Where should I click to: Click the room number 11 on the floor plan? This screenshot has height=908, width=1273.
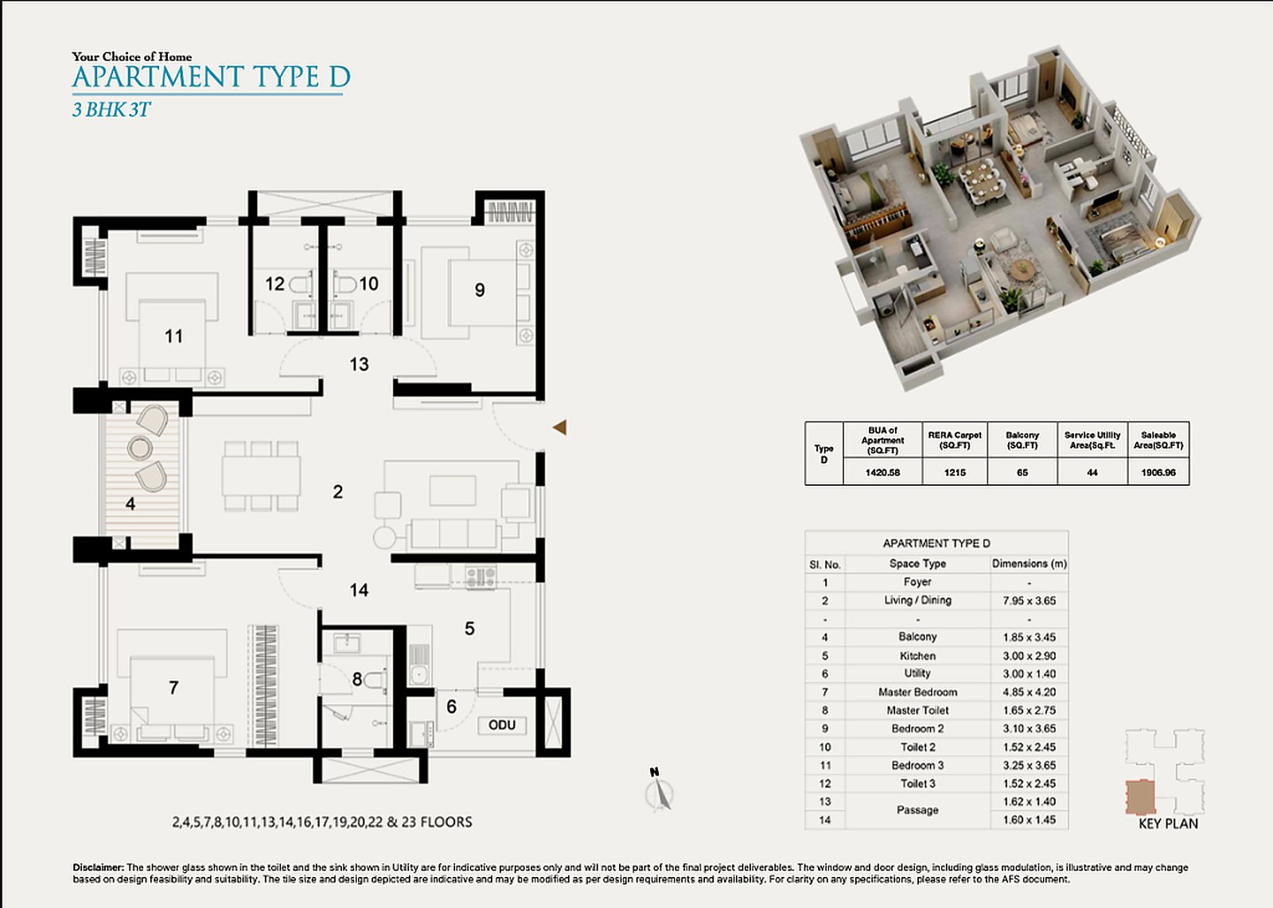coord(174,336)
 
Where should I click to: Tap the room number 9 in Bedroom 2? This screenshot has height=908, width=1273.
coord(480,290)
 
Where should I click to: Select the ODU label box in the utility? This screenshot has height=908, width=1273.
coord(502,725)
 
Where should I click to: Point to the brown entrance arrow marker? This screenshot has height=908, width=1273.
coord(560,428)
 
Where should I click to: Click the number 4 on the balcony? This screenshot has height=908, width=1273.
coord(130,503)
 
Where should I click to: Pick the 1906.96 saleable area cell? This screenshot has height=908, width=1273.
coord(1158,472)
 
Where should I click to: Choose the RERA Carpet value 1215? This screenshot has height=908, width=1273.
coord(955,472)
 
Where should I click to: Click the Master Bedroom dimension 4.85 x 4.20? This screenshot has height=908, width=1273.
coord(1030,693)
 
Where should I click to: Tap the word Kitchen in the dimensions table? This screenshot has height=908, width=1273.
coord(917,656)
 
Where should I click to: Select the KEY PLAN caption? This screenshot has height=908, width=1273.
coord(1168,824)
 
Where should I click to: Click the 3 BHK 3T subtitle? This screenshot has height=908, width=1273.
coord(111,109)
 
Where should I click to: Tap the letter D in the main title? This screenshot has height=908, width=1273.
coord(339,77)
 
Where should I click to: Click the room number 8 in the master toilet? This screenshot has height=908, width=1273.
coord(357,679)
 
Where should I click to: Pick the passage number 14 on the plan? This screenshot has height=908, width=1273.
coord(359,591)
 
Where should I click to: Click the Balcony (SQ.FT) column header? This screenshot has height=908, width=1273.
coord(1022,440)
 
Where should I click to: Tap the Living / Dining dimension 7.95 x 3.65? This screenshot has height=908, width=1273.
coord(1030,601)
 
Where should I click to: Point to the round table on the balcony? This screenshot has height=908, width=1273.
coord(139,448)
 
